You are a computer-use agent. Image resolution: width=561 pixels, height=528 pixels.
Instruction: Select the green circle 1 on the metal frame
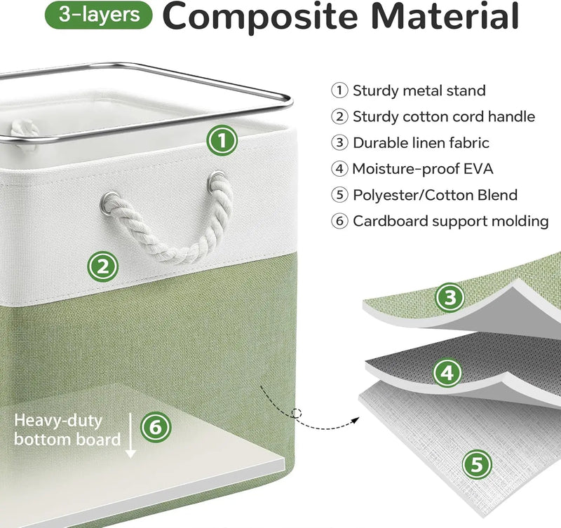[x=222, y=142]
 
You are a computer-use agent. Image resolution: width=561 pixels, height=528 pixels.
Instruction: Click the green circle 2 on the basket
[x=102, y=266]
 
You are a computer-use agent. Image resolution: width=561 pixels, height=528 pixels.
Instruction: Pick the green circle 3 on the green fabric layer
[x=450, y=297]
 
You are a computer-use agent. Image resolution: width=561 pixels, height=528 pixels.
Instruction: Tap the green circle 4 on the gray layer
[x=447, y=373]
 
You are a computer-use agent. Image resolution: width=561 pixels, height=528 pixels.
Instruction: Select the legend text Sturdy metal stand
[x=419, y=90]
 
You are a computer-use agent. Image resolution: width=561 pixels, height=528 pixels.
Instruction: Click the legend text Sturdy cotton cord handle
[x=444, y=116]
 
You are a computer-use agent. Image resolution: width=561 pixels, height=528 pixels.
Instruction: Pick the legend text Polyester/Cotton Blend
[x=435, y=195]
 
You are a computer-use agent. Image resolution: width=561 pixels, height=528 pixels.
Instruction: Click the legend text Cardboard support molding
[x=450, y=222]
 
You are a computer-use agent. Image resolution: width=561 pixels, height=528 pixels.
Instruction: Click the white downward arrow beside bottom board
[x=130, y=435]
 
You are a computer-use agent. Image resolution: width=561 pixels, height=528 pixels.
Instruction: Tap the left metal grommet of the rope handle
[x=109, y=204]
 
